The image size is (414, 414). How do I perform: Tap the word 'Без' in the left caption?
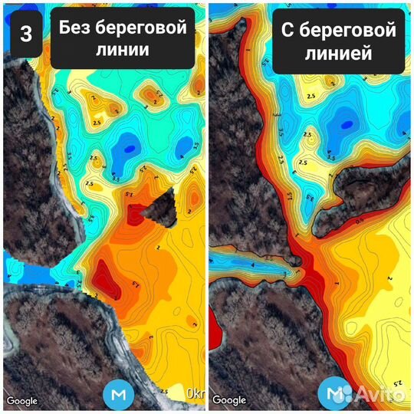76,29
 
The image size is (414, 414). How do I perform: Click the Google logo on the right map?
229,400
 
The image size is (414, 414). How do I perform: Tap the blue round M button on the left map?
117,395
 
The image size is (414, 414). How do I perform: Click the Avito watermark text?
379,394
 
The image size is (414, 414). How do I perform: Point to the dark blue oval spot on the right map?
347,124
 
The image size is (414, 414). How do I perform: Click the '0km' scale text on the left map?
196,394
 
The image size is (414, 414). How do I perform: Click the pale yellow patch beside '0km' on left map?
172,383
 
